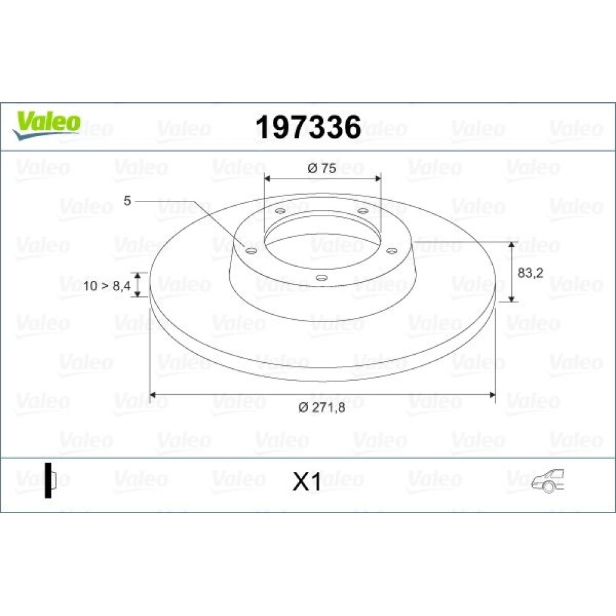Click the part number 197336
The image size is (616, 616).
(308, 128)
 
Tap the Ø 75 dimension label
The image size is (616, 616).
(322, 169)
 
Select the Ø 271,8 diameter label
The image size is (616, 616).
(322, 407)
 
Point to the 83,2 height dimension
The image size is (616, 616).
(530, 273)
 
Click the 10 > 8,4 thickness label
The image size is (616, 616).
(107, 286)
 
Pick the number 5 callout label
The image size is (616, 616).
(127, 201)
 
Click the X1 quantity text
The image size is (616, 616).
(307, 482)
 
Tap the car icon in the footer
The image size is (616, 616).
(548, 481)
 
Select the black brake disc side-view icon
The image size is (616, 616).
(51, 480)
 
